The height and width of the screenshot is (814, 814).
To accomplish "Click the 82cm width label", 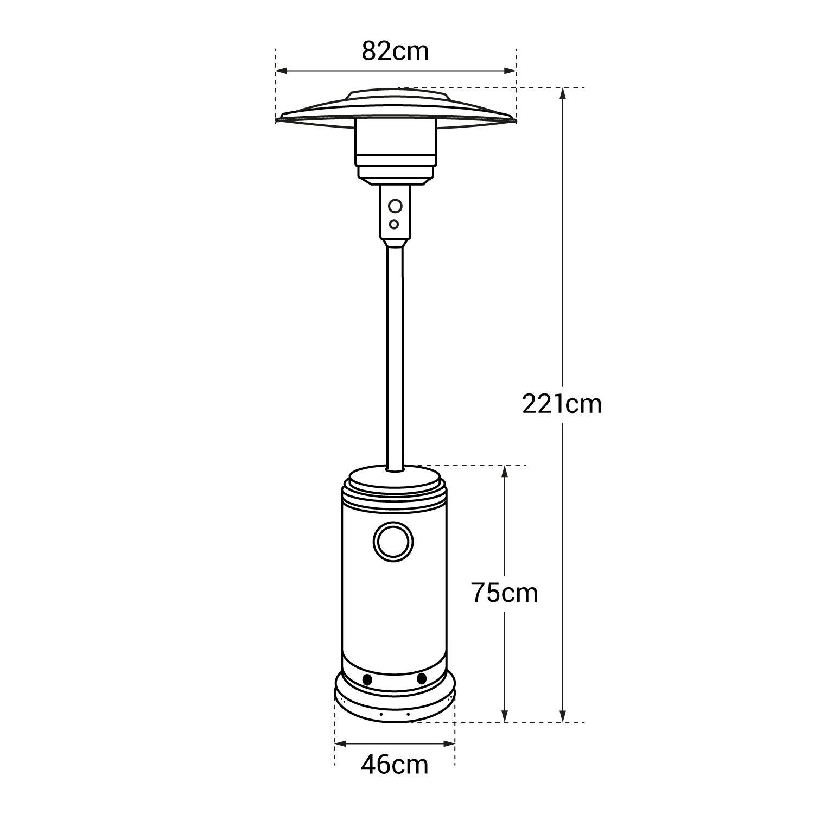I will pos(395,52).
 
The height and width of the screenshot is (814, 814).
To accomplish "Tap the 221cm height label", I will pos(562,404).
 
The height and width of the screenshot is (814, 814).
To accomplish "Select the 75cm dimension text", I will pos(504,593).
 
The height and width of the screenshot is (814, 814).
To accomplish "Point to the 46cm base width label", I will pos(395,765).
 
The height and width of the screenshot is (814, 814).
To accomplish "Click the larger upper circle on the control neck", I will pos(396,206).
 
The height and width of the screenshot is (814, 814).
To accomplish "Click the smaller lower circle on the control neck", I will pos(395,224).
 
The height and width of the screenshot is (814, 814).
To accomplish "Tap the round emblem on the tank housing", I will pos(393,541).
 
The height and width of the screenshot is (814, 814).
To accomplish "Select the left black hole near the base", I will pos(367,679).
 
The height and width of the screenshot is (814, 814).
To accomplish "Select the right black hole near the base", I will pos(422,678).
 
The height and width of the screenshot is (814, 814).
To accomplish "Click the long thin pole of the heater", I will pos(395,353).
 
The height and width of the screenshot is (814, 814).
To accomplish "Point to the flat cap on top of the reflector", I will pos(395,96).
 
